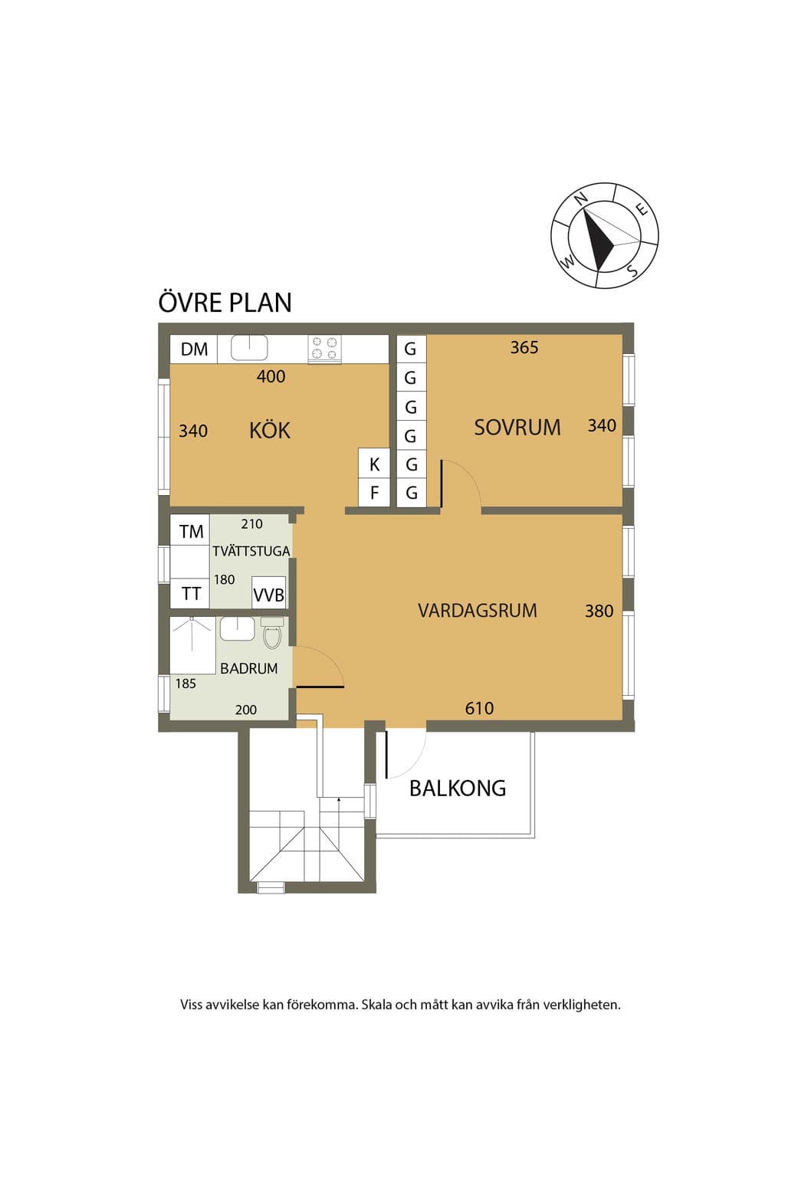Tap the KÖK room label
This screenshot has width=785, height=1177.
pos(270,431)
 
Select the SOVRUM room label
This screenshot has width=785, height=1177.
pos(517,427)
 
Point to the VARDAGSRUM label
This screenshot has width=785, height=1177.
pos(478,611)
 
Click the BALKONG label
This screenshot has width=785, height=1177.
pos(458,788)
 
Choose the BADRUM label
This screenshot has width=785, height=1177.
pos(248,668)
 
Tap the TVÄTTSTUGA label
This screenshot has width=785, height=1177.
pos(251,551)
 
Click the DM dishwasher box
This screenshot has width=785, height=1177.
pos(193,349)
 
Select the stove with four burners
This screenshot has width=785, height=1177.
pos(324,349)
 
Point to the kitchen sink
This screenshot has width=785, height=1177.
pos(249,347)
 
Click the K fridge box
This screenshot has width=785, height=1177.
pos(374,464)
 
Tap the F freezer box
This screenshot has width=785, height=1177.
pos(374,493)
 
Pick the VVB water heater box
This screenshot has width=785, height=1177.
pos(268,593)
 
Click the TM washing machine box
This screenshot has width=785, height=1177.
pos(190,531)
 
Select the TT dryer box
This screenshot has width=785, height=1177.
pos(190,594)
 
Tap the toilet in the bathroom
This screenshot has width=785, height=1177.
pos(272,632)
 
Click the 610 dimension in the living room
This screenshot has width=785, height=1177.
pos(479,708)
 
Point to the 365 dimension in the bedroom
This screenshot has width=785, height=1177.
pos(524,347)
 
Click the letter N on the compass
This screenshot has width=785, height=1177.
pos(580,198)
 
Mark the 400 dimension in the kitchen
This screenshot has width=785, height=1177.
pos(271,376)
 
